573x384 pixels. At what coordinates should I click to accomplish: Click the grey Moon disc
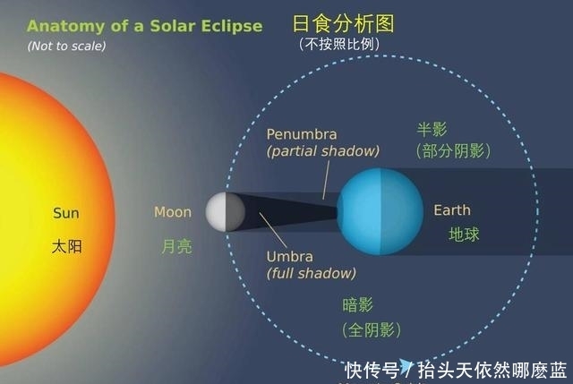click(x=225, y=211)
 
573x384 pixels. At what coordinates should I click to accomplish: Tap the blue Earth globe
click(x=380, y=210)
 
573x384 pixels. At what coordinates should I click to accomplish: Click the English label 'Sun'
click(x=66, y=213)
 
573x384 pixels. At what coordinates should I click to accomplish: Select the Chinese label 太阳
click(x=66, y=245)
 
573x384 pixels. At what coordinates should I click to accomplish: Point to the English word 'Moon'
click(x=173, y=212)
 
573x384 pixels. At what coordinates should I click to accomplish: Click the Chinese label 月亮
click(x=176, y=245)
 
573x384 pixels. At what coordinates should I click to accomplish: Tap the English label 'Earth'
click(x=452, y=210)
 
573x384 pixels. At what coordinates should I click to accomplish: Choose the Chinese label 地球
click(x=464, y=235)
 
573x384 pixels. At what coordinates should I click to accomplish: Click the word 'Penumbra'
click(x=302, y=134)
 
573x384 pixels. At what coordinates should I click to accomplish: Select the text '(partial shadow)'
click(x=323, y=151)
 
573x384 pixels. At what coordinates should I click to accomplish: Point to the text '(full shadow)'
click(x=311, y=273)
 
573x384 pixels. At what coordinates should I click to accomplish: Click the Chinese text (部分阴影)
click(x=453, y=151)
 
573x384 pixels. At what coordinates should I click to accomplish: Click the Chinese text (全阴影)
click(x=370, y=329)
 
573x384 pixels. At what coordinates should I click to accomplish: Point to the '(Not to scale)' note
click(x=66, y=46)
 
